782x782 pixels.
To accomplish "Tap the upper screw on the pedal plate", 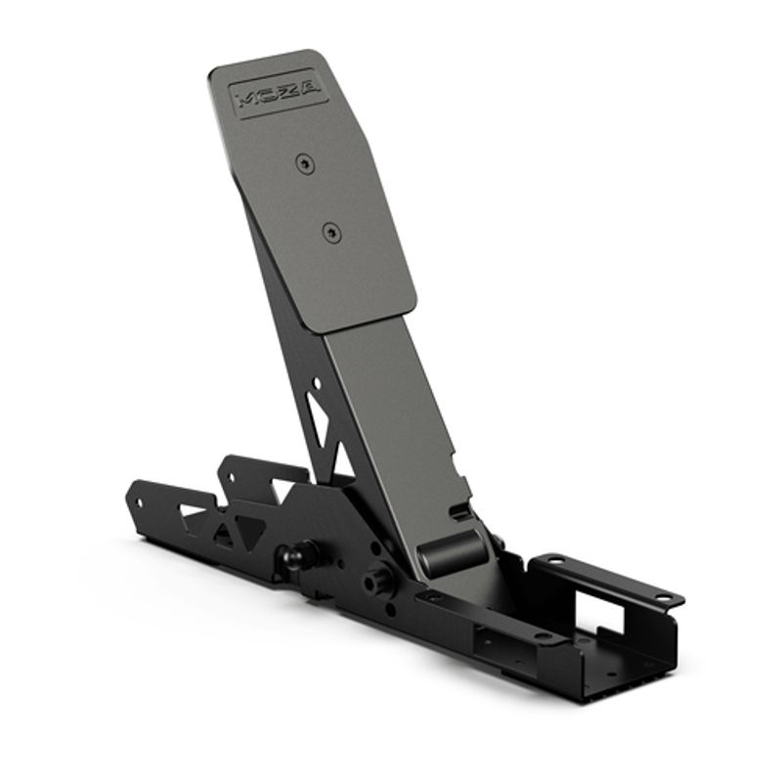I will click(x=307, y=161).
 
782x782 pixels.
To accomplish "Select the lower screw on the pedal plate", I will click(x=332, y=233).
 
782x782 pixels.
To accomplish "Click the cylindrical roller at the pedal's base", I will click(x=451, y=553).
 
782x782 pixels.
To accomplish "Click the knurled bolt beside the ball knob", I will click(x=374, y=581).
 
